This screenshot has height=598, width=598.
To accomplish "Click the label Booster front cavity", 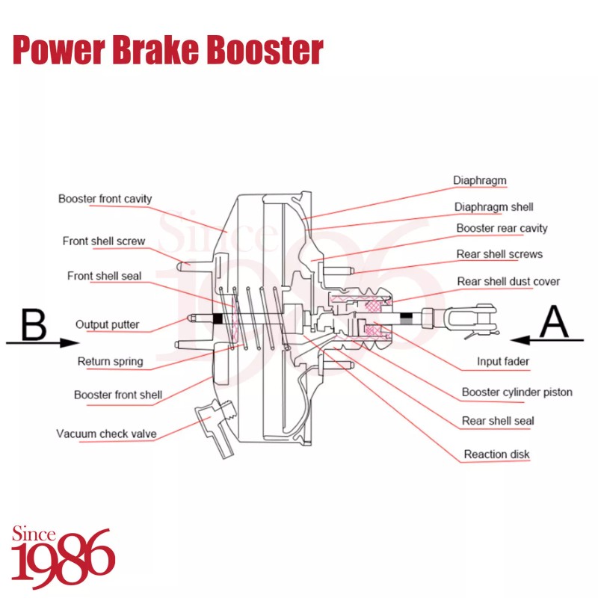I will [105, 199].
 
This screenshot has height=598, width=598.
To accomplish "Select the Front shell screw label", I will [104, 241].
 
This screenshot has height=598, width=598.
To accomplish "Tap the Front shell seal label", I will [104, 276].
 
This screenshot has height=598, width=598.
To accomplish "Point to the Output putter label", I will [108, 325].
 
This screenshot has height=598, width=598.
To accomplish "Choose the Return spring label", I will [110, 362].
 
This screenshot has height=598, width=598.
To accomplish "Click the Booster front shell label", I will [118, 395].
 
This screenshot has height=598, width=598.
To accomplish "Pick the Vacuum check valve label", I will [106, 434].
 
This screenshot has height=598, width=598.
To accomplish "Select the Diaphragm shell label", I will [493, 207].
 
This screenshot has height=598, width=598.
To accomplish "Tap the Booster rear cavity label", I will [502, 228].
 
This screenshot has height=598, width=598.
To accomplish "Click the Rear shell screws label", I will [499, 254].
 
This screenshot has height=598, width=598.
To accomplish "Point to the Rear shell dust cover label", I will [508, 281].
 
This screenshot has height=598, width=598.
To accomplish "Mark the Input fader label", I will [503, 362].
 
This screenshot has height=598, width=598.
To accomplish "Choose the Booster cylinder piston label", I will [517, 392].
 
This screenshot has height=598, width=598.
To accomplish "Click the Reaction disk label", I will [496, 454].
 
